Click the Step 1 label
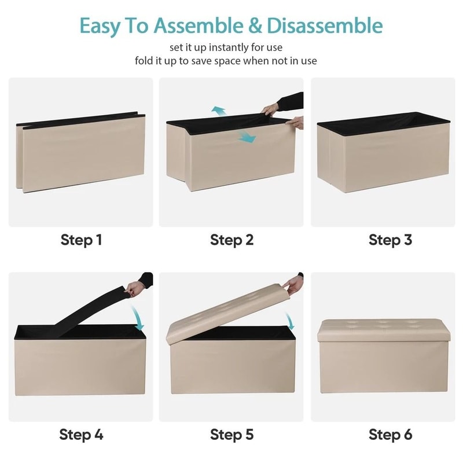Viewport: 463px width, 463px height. [81, 240]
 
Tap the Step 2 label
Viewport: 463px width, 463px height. [232, 240]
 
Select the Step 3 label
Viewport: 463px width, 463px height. [390, 240]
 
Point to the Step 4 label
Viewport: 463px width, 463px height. [81, 435]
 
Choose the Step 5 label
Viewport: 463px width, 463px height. [232, 435]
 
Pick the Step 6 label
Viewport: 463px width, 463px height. [390, 435]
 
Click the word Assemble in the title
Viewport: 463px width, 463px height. [199, 25]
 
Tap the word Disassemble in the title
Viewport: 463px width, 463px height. [325, 25]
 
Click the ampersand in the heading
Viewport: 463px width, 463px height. [255, 25]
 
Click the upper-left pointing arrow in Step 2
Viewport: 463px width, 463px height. [219, 112]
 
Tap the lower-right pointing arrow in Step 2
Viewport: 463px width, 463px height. [247, 137]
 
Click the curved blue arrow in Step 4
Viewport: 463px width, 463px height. [137, 318]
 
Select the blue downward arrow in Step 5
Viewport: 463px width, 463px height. [290, 321]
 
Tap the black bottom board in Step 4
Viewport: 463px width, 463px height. [89, 313]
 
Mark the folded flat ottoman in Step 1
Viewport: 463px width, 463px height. [80, 152]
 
